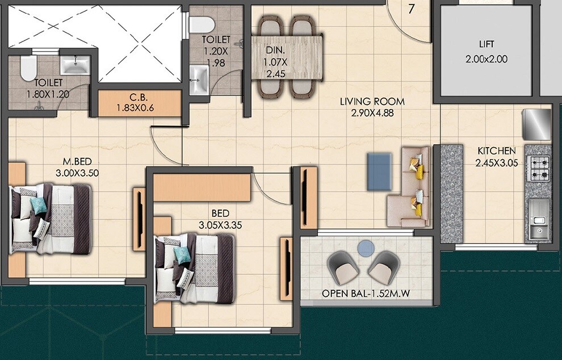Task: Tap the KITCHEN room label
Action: [x=497, y=157]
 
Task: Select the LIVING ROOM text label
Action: [x=372, y=107]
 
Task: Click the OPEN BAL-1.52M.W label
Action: [x=367, y=294]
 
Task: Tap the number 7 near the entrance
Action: [x=411, y=9]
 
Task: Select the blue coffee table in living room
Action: [x=379, y=171]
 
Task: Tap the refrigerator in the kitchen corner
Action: [x=536, y=124]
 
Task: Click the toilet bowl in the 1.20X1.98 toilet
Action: [x=202, y=23]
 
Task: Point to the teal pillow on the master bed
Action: [x=39, y=206]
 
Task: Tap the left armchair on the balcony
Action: [x=342, y=267]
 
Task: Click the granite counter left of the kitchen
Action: [x=452, y=193]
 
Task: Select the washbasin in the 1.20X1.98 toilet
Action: [x=198, y=79]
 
